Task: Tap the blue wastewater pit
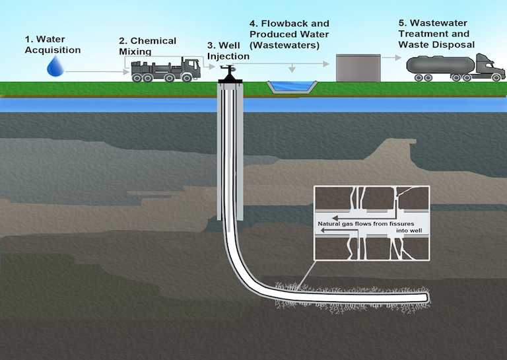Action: [x=290, y=87]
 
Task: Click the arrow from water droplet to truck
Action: [x=92, y=69]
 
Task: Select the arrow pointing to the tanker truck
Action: [x=393, y=57]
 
